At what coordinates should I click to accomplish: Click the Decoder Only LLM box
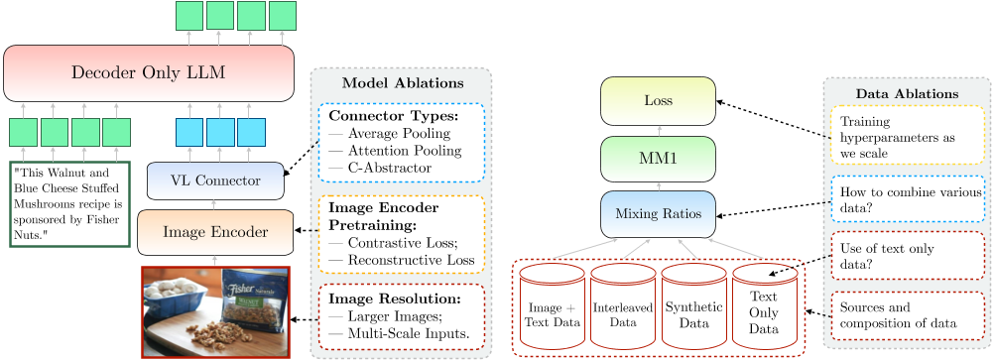coord(149,72)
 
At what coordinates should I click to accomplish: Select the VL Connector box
coord(215,180)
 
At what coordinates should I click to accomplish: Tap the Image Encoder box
coord(215,232)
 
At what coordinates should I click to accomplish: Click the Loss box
coord(658,101)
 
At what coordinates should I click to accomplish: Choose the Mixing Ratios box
coord(658,213)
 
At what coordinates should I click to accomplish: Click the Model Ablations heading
coord(402,82)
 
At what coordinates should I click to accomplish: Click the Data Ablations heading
coord(907,93)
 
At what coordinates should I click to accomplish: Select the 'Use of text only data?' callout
coord(907,255)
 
